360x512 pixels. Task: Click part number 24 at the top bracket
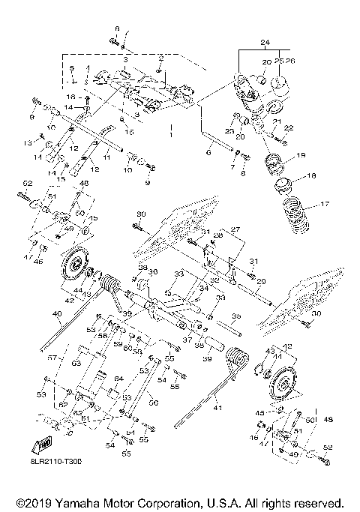(244, 42)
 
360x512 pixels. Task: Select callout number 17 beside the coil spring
(325, 203)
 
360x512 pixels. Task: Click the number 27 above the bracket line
(234, 229)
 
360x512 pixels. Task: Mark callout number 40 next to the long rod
(56, 314)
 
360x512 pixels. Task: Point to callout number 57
(52, 359)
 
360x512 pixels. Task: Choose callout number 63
(76, 362)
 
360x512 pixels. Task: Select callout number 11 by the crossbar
(106, 158)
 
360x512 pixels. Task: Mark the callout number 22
(289, 128)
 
